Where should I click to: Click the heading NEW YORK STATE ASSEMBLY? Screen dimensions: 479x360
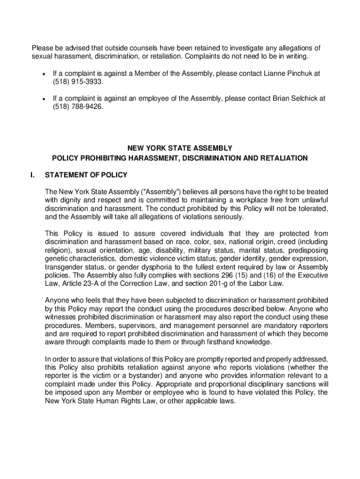(x=180, y=148)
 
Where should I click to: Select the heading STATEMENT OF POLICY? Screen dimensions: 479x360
(x=86, y=175)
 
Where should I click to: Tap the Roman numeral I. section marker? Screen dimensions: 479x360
(x=32, y=175)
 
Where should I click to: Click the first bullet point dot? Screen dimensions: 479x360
(x=43, y=74)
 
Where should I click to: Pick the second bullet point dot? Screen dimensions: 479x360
(x=43, y=99)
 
